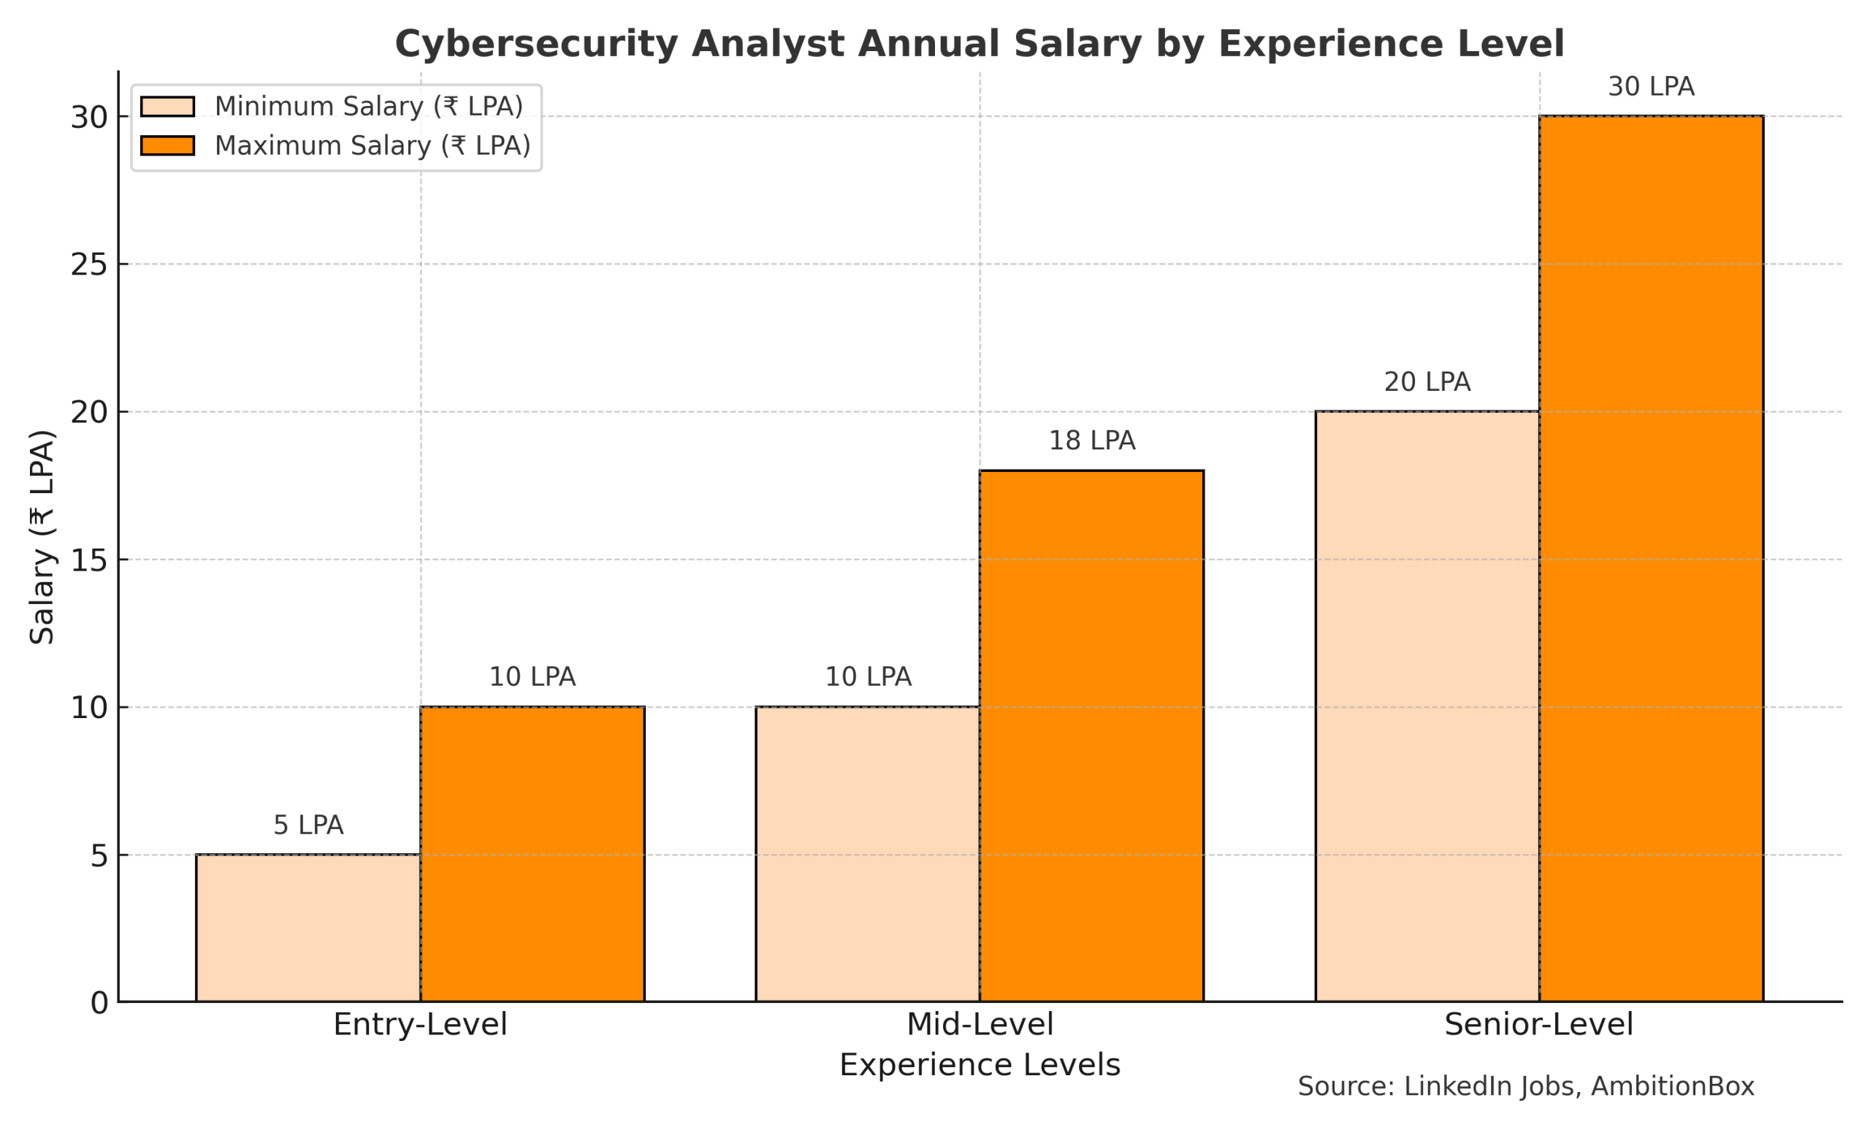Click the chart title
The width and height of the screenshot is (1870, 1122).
pyautogui.click(x=979, y=44)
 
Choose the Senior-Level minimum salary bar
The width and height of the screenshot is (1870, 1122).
pyautogui.click(x=1427, y=706)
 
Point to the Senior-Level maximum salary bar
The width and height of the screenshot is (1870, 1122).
pyautogui.click(x=1651, y=559)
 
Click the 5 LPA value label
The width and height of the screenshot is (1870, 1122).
pyautogui.click(x=308, y=825)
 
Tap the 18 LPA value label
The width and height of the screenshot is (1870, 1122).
pyautogui.click(x=1091, y=440)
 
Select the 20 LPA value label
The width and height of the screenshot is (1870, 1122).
pyautogui.click(x=1427, y=383)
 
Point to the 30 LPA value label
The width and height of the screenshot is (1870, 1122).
pyautogui.click(x=1651, y=87)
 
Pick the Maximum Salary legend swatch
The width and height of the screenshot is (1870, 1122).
pyautogui.click(x=167, y=145)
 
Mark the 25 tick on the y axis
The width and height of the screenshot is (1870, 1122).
pyautogui.click(x=89, y=264)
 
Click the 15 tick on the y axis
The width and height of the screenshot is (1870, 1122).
pyautogui.click(x=89, y=560)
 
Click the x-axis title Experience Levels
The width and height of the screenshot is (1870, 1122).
pyautogui.click(x=980, y=1065)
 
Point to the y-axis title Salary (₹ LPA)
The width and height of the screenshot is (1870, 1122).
pyautogui.click(x=42, y=538)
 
